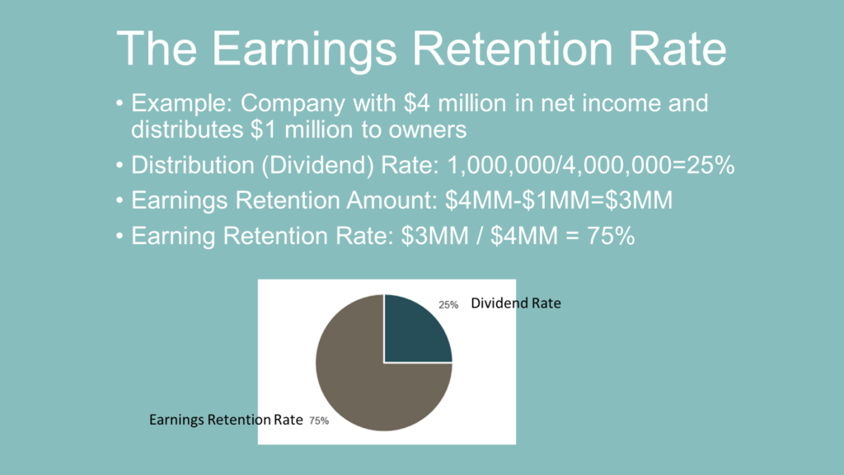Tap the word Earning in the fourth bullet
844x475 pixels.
pos(174,237)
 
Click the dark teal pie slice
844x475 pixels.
pos(416,330)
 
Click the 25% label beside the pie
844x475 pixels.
pos(448,305)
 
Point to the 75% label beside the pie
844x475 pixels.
pos(319,421)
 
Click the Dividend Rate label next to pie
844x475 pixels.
pos(515,303)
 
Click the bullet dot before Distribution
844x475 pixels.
pos(120,165)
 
